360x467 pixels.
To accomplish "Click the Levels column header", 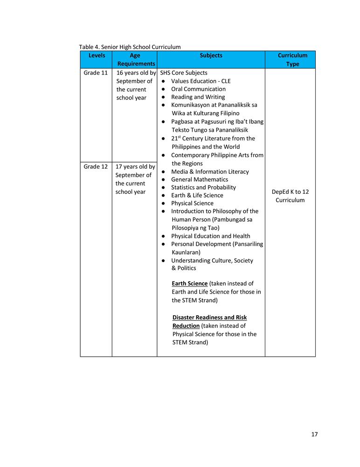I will click(x=97, y=56).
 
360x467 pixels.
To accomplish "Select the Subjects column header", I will click(x=211, y=56).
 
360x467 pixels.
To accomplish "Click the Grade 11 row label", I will click(x=96, y=73).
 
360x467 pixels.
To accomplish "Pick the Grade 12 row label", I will click(x=96, y=167).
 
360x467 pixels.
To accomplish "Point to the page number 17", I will click(x=314, y=434).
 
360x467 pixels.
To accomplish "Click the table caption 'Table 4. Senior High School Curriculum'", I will click(x=130, y=47).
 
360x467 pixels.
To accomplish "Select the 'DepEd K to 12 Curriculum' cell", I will click(x=290, y=196).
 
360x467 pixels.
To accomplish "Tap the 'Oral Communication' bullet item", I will click(x=198, y=89).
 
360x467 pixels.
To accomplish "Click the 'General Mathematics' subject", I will click(x=200, y=179).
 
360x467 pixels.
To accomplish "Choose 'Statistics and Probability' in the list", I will click(x=203, y=187).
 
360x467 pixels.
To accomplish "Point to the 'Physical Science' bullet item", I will click(x=192, y=203).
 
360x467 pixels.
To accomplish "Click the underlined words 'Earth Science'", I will click(x=189, y=283).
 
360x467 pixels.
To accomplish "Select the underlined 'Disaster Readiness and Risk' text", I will click(x=209, y=318).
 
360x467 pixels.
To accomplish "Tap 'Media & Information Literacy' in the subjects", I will click(x=210, y=171).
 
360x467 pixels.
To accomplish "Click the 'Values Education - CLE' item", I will click(x=201, y=81).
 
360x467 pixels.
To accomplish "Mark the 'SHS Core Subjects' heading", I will click(x=184, y=73).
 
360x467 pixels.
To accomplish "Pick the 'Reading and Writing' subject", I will click(x=198, y=97).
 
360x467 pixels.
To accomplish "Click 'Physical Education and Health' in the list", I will click(x=210, y=236).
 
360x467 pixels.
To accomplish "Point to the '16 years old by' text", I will click(x=136, y=73).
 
